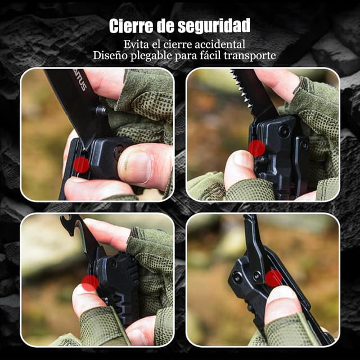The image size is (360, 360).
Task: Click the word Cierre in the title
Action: (131, 26)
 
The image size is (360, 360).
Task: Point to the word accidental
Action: (220, 44)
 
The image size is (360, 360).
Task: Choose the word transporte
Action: (250, 56)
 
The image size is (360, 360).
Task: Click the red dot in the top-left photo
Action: (81, 165)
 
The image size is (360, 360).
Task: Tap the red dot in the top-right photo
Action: (257, 148)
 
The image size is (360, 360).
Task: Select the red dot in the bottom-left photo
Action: (90, 283)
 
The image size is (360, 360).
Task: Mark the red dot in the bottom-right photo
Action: (274, 278)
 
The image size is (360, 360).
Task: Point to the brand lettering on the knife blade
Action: (80, 81)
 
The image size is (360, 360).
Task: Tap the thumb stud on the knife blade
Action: (101, 110)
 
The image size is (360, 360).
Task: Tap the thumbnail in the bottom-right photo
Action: (281, 295)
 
